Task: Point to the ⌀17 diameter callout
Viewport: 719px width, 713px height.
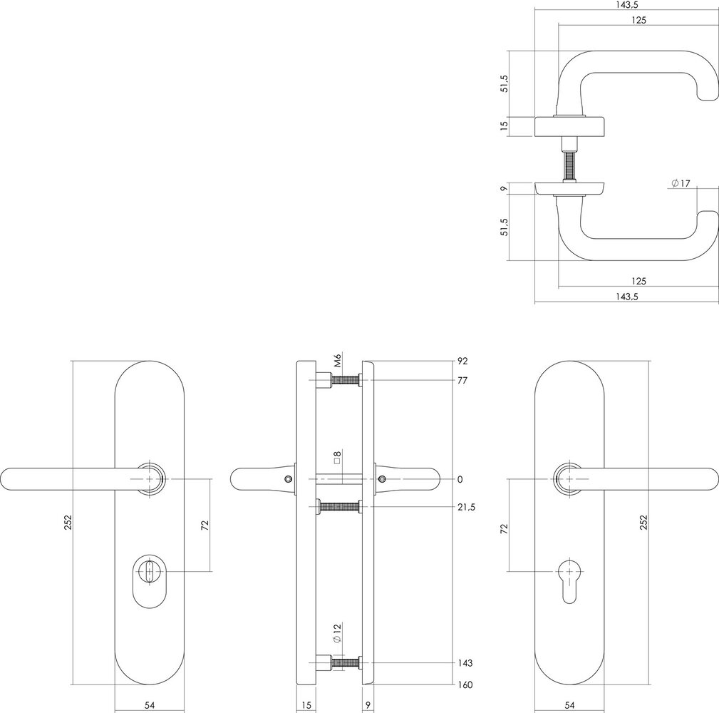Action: click(681, 184)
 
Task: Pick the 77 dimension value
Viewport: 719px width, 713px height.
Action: click(462, 381)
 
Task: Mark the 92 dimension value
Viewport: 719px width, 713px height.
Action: click(462, 361)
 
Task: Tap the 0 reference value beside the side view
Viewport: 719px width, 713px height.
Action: click(460, 479)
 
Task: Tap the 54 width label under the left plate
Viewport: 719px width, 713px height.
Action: click(150, 705)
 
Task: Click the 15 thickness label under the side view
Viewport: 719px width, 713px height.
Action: click(306, 705)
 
